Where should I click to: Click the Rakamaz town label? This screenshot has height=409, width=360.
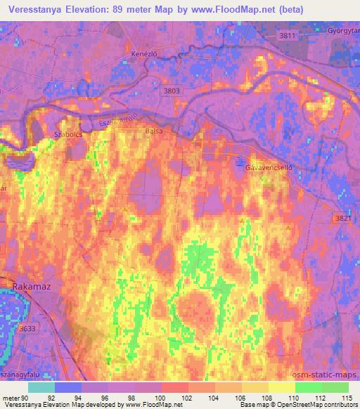[x=31, y=286]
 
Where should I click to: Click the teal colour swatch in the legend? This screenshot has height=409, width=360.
[x=41, y=387]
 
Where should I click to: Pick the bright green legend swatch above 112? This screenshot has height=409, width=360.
[x=309, y=387]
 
